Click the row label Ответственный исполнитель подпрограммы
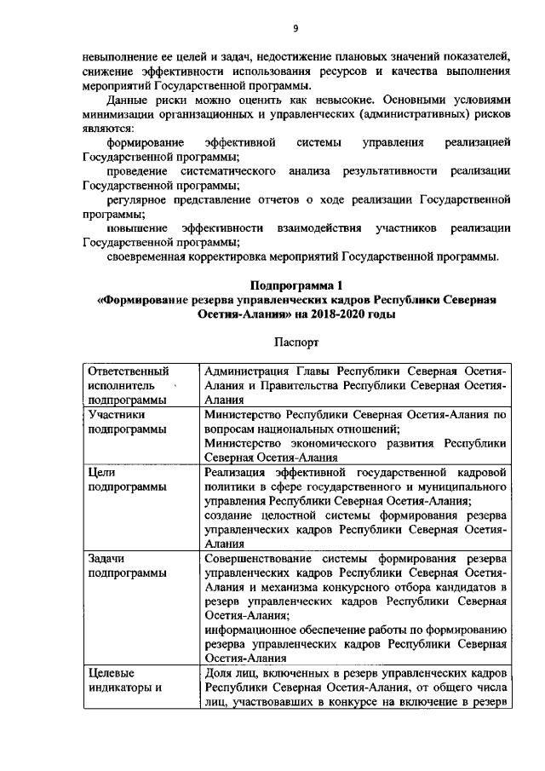pyautogui.click(x=128, y=385)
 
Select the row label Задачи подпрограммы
pyautogui.click(x=128, y=566)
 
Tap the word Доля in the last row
pyautogui.click(x=220, y=673)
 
